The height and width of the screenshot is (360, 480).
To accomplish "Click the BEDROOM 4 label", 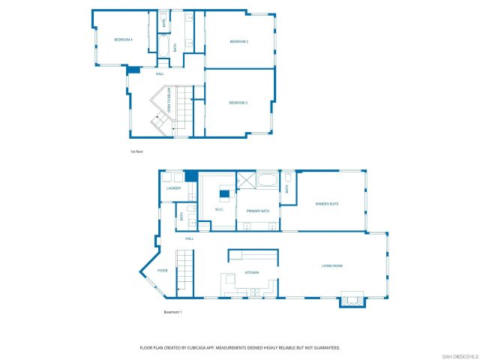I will click(123, 39).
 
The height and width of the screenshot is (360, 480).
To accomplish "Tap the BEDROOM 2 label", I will click(238, 41).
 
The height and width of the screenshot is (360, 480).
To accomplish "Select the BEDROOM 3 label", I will click(238, 102).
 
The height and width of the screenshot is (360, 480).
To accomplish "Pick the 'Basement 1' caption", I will click(172, 312).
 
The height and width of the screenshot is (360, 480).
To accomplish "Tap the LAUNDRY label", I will click(174, 188).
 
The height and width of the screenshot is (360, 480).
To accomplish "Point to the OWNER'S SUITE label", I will click(327, 203).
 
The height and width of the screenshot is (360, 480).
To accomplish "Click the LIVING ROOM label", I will click(332, 265).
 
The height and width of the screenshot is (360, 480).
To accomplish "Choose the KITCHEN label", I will click(252, 272).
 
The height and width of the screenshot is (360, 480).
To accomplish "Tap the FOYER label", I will click(163, 271).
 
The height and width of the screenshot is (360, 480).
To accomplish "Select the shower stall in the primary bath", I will click(247, 183).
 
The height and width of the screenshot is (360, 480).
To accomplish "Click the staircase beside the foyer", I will click(186, 271).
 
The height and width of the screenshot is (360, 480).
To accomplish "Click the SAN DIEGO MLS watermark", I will click(459, 355).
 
